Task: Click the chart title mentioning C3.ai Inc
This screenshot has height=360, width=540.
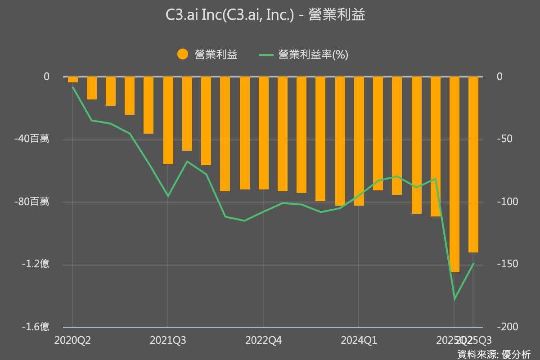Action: click(x=265, y=16)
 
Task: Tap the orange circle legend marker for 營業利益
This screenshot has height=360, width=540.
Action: click(x=183, y=54)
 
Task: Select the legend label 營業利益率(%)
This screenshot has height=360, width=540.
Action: click(x=313, y=54)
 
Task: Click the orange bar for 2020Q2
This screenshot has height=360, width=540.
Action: click(x=73, y=80)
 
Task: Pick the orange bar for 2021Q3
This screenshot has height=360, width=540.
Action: click(x=168, y=120)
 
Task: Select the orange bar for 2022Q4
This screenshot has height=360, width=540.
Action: click(x=263, y=133)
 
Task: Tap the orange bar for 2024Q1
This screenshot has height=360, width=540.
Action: click(x=359, y=141)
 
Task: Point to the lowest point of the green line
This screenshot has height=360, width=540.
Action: click(x=454, y=299)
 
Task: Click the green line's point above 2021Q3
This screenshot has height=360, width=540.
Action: click(x=168, y=196)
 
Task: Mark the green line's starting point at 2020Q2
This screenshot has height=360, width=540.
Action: click(x=73, y=87)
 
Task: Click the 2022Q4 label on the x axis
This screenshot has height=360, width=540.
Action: click(x=263, y=340)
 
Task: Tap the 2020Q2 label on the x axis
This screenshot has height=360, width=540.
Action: click(x=73, y=340)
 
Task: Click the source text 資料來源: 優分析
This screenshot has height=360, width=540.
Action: click(x=494, y=354)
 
